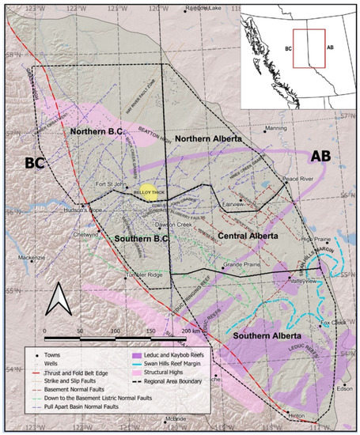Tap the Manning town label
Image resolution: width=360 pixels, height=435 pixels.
pos(277,128)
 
